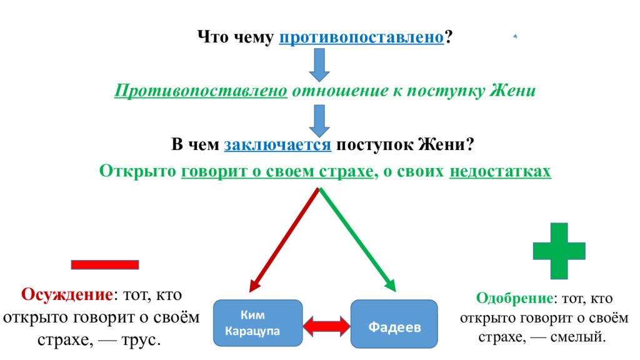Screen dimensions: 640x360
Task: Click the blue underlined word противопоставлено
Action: [361, 37]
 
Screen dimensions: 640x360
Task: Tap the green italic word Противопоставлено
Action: [201, 91]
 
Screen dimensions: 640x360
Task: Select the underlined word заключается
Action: [277, 145]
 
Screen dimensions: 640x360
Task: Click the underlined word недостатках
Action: [500, 171]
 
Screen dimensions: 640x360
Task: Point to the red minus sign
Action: [105, 264]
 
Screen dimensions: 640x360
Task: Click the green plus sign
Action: [559, 251]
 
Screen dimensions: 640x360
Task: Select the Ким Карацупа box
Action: [258, 323]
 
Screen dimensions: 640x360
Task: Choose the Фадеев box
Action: [394, 324]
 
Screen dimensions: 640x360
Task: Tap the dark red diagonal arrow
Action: [284, 240]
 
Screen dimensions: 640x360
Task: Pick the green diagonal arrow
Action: [357, 240]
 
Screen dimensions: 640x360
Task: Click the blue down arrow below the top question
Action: [319, 65]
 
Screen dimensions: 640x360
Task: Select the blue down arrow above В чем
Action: [319, 121]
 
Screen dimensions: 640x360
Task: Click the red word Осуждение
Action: [67, 294]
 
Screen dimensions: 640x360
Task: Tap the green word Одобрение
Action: [515, 298]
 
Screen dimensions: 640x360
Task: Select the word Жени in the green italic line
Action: [512, 91]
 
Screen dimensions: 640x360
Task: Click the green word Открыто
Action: [138, 171]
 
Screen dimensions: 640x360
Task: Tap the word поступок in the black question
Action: [374, 145]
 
